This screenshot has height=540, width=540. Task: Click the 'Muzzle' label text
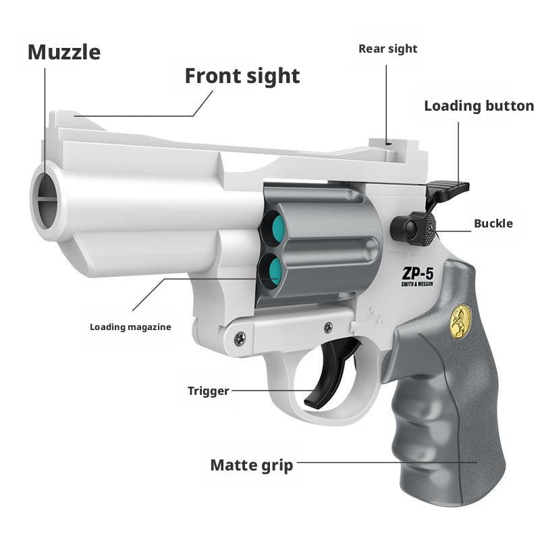64,53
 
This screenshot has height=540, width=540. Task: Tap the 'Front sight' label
242,76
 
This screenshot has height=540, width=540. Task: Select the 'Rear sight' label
387,49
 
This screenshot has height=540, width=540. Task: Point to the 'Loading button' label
479,106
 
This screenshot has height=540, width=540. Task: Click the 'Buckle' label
493,223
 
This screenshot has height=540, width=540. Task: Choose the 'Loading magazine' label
130,327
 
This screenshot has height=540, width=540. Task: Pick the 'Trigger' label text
208,391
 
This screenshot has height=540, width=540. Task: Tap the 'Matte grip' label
252,465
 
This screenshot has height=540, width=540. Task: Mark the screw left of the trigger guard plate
240,340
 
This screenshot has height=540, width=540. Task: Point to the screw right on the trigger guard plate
328,327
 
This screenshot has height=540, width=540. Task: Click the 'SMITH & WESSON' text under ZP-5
416,285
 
